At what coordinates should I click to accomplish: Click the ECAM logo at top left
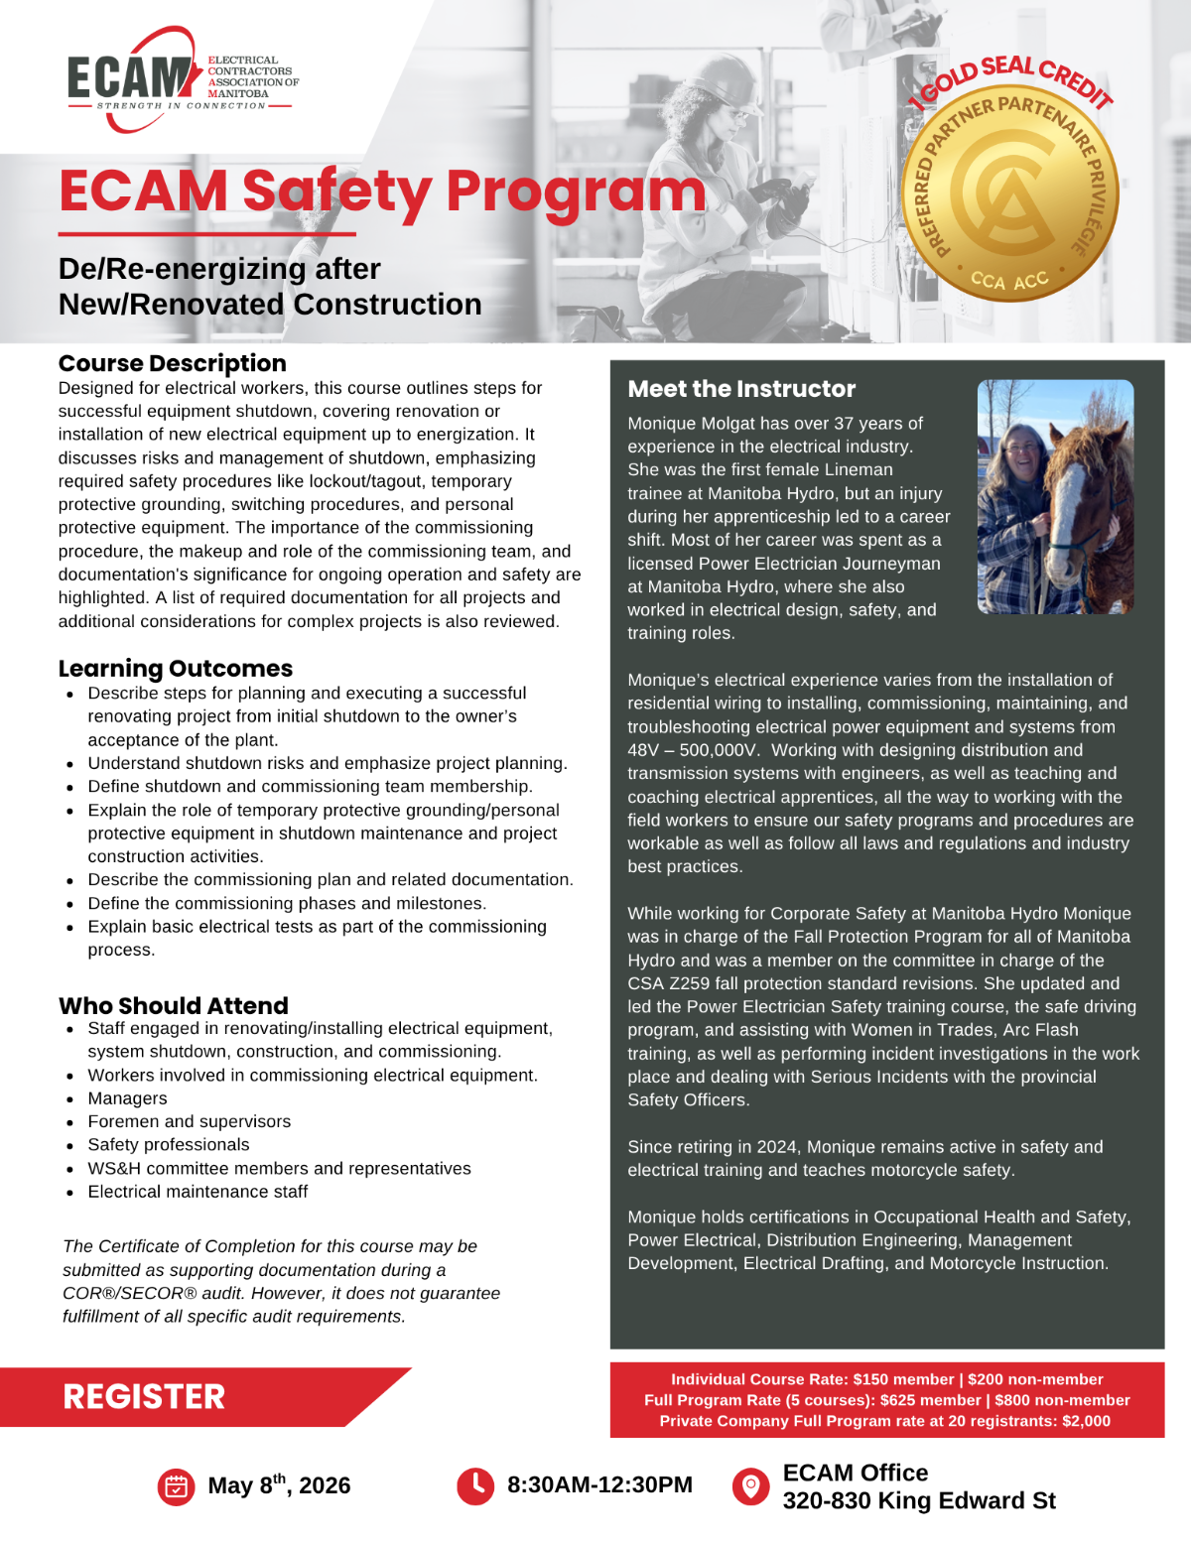[182, 80]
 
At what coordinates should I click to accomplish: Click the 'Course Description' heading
[172, 363]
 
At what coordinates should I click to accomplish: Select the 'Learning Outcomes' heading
[176, 668]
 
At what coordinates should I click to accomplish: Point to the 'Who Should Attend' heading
[174, 1005]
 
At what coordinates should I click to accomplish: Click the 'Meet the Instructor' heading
[741, 389]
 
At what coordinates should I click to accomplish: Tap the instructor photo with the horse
[1055, 496]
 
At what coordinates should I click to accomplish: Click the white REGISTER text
[144, 1397]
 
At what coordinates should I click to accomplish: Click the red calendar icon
[176, 1486]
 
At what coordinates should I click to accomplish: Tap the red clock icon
[475, 1485]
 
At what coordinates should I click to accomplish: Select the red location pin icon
[750, 1485]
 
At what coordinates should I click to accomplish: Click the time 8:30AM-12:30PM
[599, 1485]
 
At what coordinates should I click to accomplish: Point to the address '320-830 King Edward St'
[919, 1500]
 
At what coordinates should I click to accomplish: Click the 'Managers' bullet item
[127, 1098]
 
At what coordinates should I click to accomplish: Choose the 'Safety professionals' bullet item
[169, 1145]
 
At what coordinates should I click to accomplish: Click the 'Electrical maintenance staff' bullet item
[198, 1192]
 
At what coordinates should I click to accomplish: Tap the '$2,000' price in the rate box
[1086, 1421]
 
